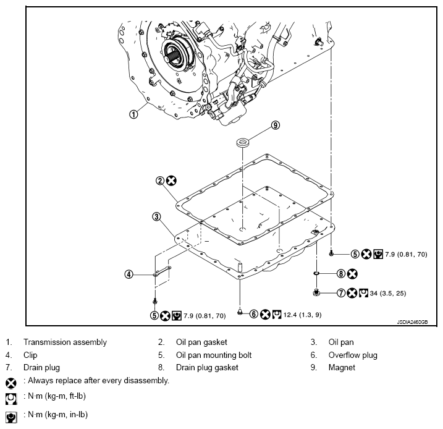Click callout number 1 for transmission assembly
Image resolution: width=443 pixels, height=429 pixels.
[x=133, y=113]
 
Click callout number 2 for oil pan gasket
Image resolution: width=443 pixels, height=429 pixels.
[x=160, y=181]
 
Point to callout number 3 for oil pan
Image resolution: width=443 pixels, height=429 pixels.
[x=157, y=217]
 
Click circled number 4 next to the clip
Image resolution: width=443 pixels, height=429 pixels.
[x=129, y=274]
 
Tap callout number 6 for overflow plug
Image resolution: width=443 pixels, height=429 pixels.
[x=253, y=315]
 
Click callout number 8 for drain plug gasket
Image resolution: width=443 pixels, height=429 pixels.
[x=340, y=273]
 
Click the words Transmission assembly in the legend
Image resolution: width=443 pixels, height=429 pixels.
[x=65, y=342]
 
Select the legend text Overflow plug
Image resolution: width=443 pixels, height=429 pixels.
[x=352, y=355]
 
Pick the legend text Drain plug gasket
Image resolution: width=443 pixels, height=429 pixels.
[x=207, y=368]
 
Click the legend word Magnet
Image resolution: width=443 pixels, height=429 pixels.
[x=341, y=368]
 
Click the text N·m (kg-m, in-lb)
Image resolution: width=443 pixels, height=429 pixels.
[x=56, y=414]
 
